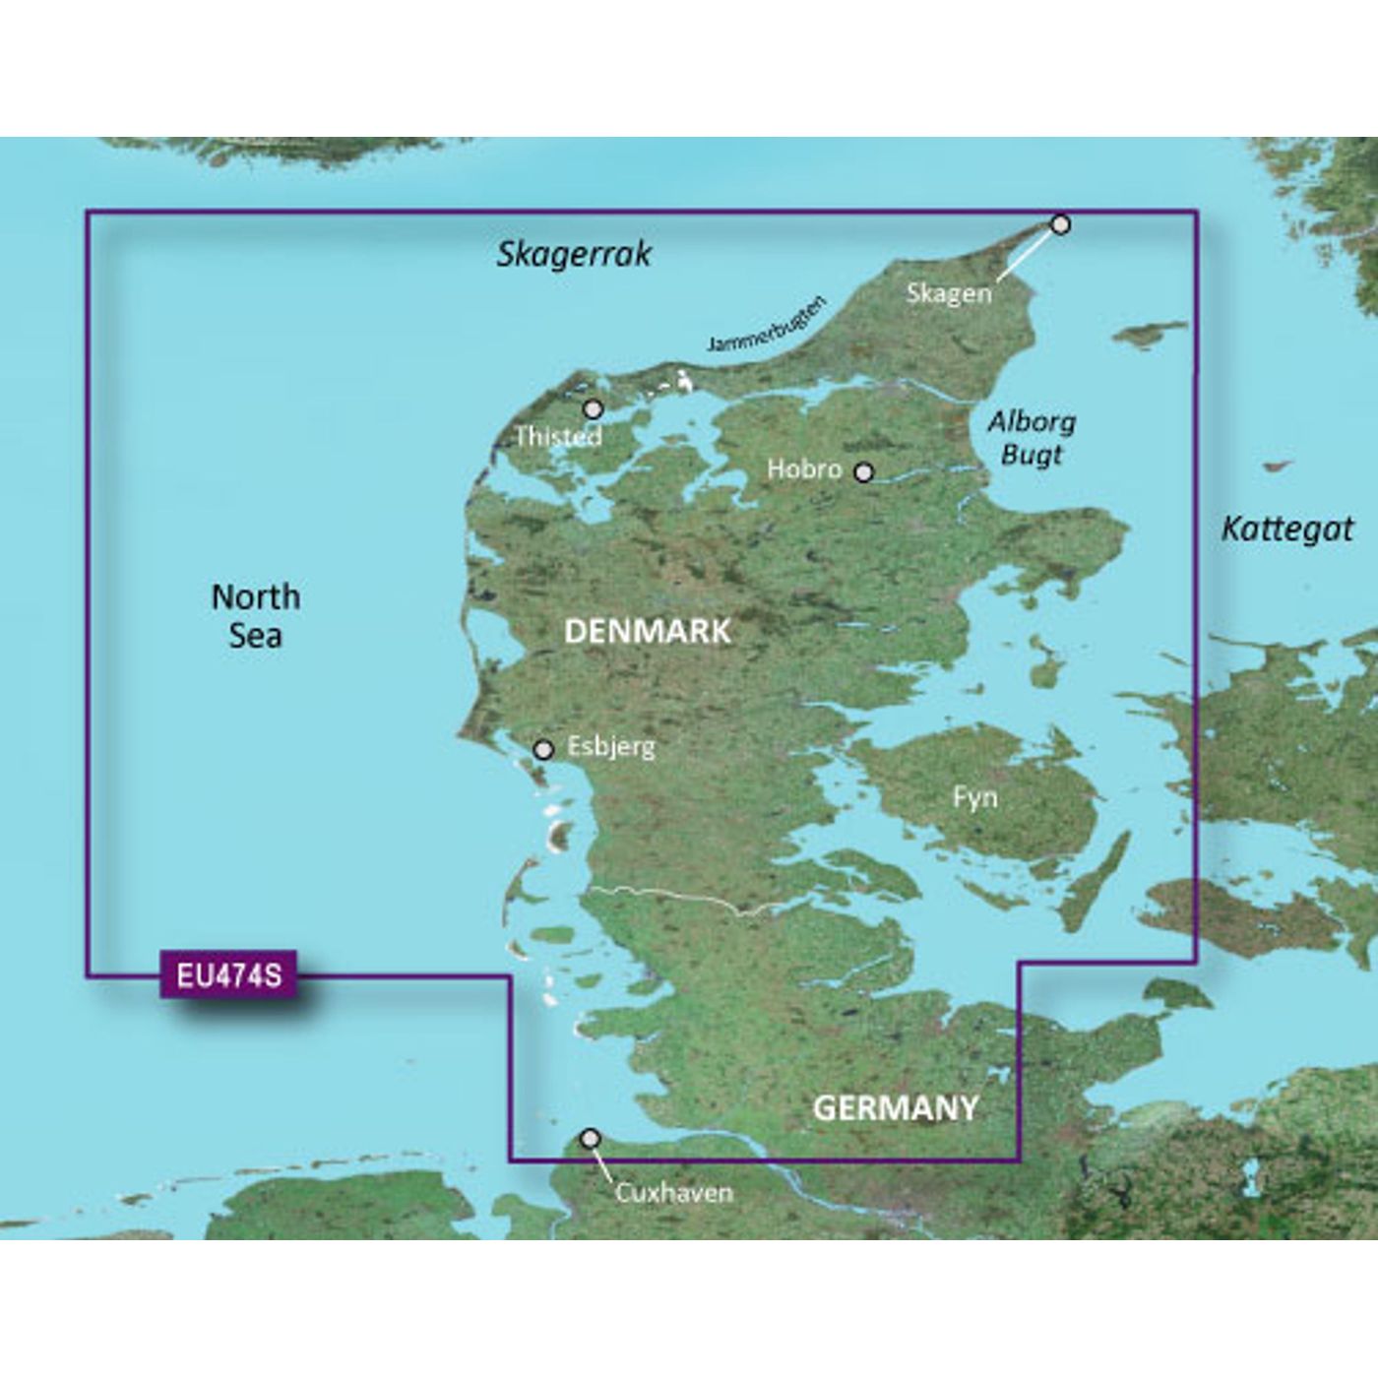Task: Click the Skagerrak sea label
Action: pyautogui.click(x=574, y=254)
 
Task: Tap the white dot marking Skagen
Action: pyautogui.click(x=1060, y=224)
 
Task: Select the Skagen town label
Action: pyautogui.click(x=949, y=292)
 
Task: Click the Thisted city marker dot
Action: pyautogui.click(x=593, y=408)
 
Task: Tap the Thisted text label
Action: pyautogui.click(x=558, y=435)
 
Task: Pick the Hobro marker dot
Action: pyautogui.click(x=863, y=472)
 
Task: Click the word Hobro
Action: pyautogui.click(x=804, y=470)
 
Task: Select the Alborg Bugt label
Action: pyautogui.click(x=1032, y=438)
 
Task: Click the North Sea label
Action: pyautogui.click(x=256, y=615)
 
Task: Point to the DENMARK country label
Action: pyautogui.click(x=647, y=631)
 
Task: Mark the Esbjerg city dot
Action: pyautogui.click(x=543, y=750)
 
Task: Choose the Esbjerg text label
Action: pyautogui.click(x=610, y=747)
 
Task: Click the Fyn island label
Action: pyautogui.click(x=974, y=796)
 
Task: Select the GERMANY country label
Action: pyautogui.click(x=895, y=1108)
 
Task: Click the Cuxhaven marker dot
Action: pyautogui.click(x=591, y=1139)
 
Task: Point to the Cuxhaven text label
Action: pyautogui.click(x=674, y=1193)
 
